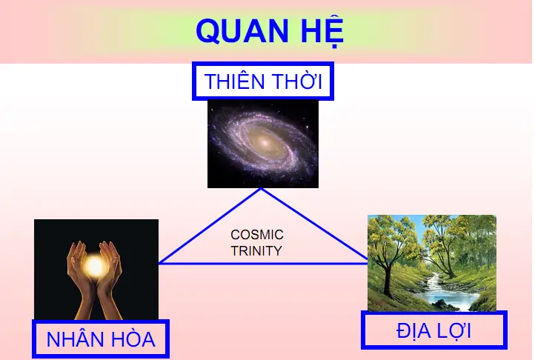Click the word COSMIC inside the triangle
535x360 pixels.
[256, 235]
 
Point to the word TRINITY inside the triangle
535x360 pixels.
[256, 251]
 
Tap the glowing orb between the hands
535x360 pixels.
[94, 264]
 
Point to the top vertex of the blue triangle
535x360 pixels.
[262, 189]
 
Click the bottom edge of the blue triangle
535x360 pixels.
[263, 263]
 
